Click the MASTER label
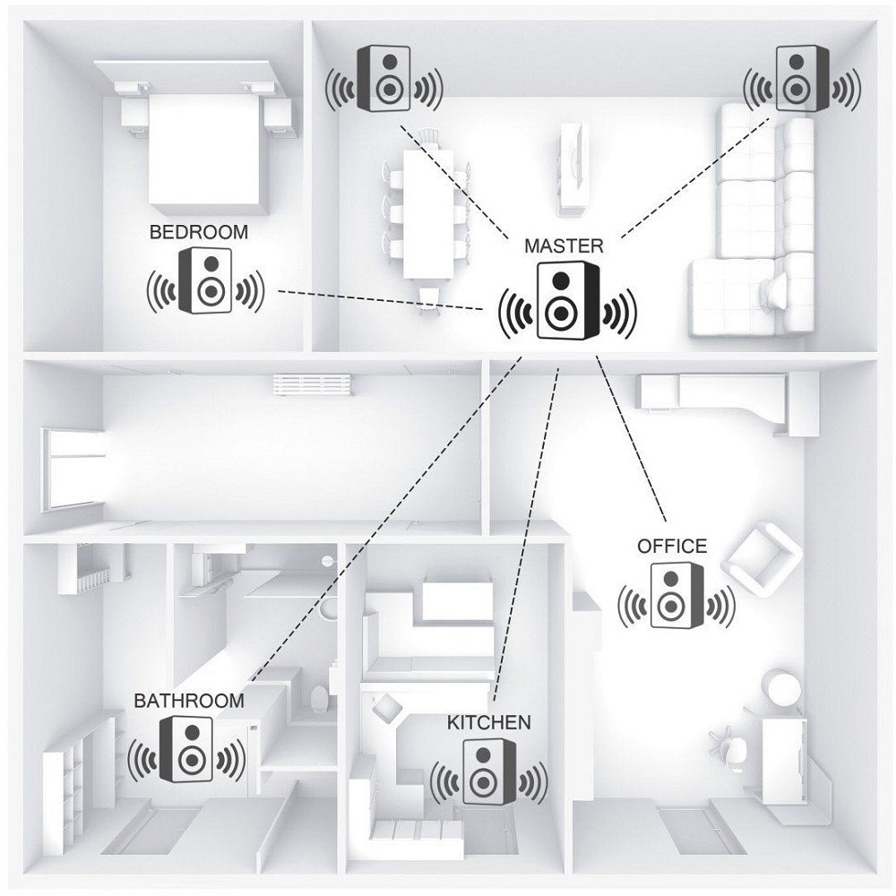[x=564, y=246]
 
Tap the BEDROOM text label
[x=199, y=233]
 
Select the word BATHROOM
[x=189, y=701]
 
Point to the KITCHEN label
[x=488, y=722]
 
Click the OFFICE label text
[x=672, y=547]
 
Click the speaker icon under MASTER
[x=567, y=300]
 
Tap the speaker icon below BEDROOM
[x=206, y=280]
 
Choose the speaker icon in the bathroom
[x=186, y=750]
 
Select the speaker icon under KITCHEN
[x=488, y=772]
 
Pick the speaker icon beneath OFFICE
[x=676, y=596]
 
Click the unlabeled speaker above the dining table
[x=384, y=79]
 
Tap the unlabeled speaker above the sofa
[x=802, y=79]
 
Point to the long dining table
[x=428, y=214]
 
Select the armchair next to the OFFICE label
[x=762, y=557]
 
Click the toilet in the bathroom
[x=320, y=698]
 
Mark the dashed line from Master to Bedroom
[x=381, y=300]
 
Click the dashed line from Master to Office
[x=632, y=438]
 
